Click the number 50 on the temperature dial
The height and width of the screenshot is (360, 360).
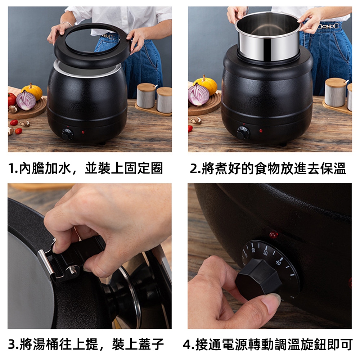pyautogui.click(x=265, y=253)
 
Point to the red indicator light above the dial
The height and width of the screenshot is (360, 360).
pyautogui.click(x=274, y=235)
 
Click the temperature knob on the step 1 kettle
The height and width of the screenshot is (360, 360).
pyautogui.click(x=67, y=134)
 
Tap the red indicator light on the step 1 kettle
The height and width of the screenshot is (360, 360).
pyautogui.click(x=83, y=132)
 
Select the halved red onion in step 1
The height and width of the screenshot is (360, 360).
pyautogui.click(x=26, y=100)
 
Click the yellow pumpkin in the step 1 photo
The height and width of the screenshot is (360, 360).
pyautogui.click(x=33, y=91)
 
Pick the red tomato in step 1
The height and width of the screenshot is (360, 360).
pyautogui.click(x=12, y=99)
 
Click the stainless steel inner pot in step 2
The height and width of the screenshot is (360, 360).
pyautogui.click(x=268, y=36)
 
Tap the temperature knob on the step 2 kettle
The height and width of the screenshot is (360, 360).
pyautogui.click(x=243, y=132)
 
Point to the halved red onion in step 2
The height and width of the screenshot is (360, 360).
pyautogui.click(x=198, y=94)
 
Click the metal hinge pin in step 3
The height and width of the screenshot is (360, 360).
pyautogui.click(x=74, y=269)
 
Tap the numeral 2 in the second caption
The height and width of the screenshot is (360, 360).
pyautogui.click(x=194, y=168)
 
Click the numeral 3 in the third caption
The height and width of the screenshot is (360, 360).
pyautogui.click(x=12, y=344)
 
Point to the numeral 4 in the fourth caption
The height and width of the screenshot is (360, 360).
pyautogui.click(x=187, y=345)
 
